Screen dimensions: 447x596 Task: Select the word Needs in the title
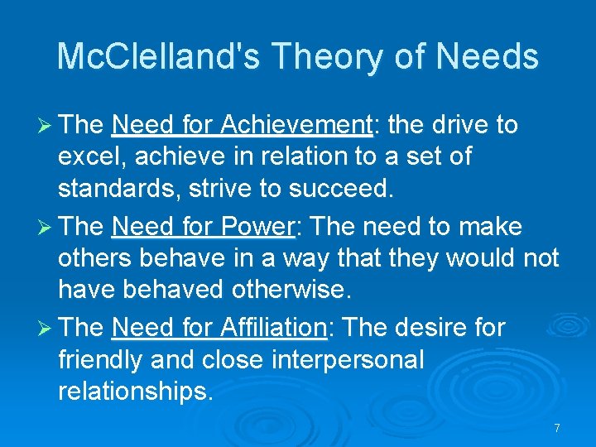[x=488, y=57]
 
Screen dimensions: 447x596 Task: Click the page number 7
[x=557, y=428]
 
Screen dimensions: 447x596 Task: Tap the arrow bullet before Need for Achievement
[x=45, y=126]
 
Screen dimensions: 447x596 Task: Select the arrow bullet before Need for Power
[x=45, y=227]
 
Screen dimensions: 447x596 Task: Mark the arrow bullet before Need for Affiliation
[x=45, y=328]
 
